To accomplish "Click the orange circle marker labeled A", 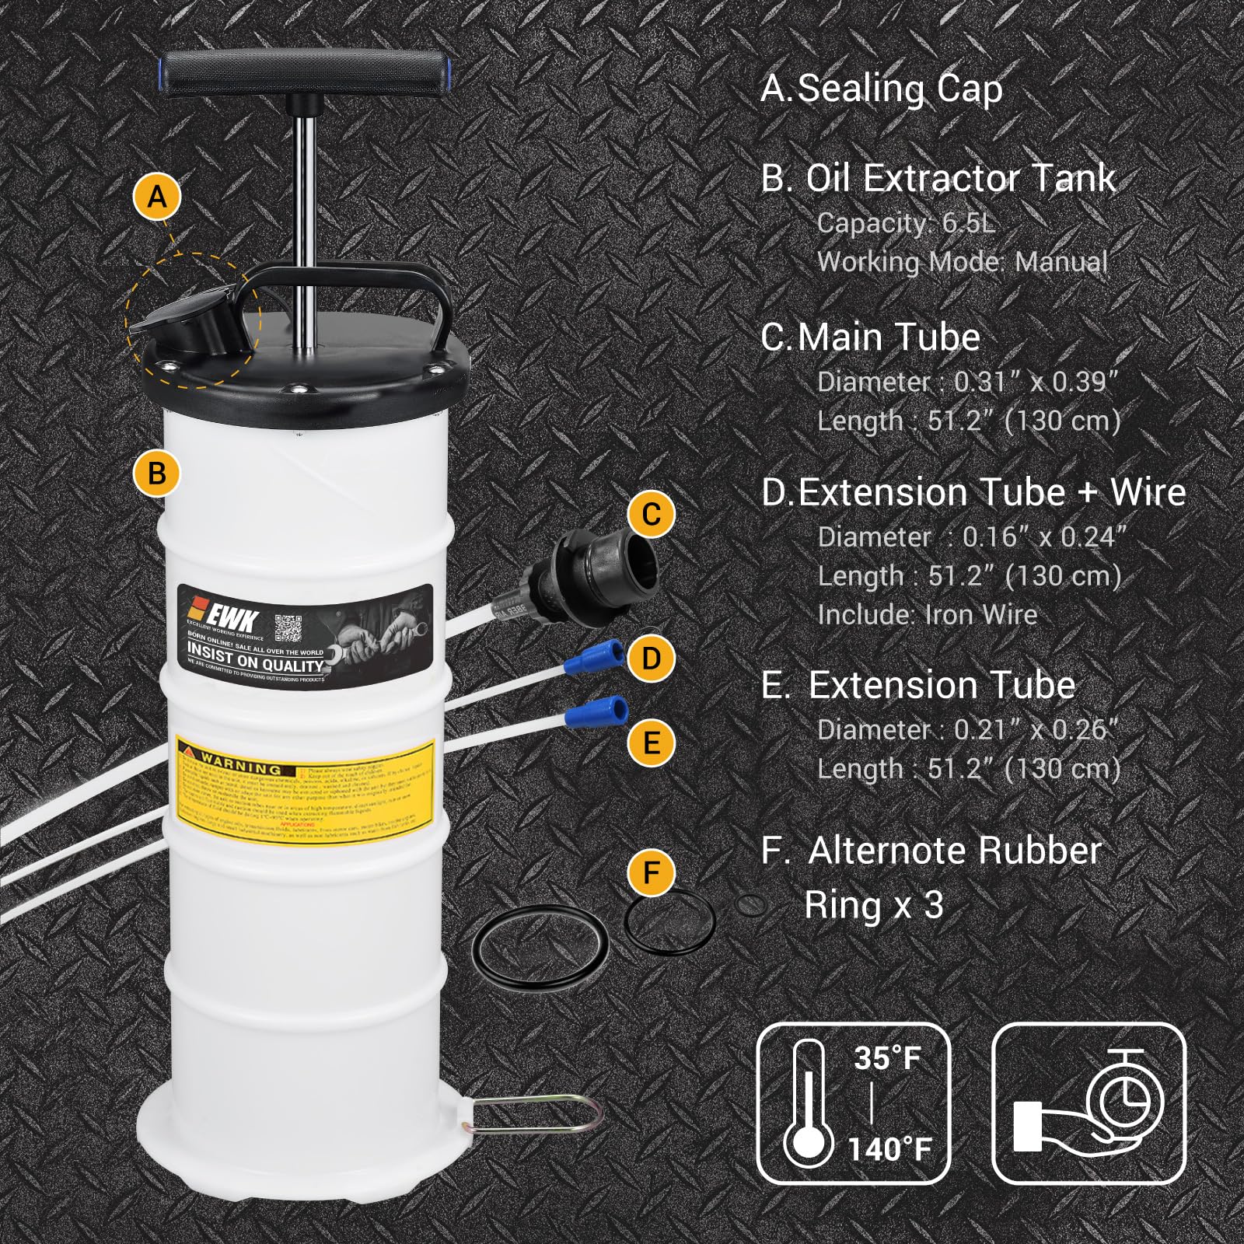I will click(x=157, y=197).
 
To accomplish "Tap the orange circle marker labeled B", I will click(x=156, y=473).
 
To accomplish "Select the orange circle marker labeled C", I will click(x=652, y=514).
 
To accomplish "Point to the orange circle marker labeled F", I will click(x=652, y=872).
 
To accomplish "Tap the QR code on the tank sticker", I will click(x=288, y=627).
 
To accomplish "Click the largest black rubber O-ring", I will click(x=541, y=949).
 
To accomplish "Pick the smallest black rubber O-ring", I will click(x=751, y=904).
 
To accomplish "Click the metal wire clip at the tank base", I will click(x=536, y=1116).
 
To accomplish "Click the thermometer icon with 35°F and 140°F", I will click(x=853, y=1102).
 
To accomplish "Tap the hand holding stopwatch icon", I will click(x=1088, y=1102).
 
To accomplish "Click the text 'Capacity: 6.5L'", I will click(x=906, y=223).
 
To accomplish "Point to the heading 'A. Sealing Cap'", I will click(x=882, y=89).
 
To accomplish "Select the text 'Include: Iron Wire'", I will click(x=927, y=615).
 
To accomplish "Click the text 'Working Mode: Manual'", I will click(x=962, y=262).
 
